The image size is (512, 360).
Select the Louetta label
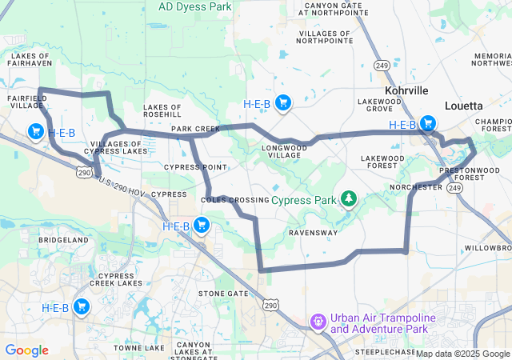pyautogui.click(x=464, y=106)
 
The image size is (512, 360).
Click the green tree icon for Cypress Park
pyautogui.click(x=348, y=198)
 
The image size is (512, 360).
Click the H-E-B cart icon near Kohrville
pyautogui.click(x=428, y=124)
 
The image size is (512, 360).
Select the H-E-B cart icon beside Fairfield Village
pyautogui.click(x=35, y=131)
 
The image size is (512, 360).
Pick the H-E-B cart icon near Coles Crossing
pyautogui.click(x=201, y=226)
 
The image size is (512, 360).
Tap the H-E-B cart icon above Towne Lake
pyautogui.click(x=81, y=306)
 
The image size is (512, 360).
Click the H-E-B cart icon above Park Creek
pyautogui.click(x=282, y=102)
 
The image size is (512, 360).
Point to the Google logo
pyautogui.click(x=26, y=350)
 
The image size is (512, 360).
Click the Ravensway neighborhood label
pyautogui.click(x=313, y=233)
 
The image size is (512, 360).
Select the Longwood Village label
pyautogui.click(x=284, y=152)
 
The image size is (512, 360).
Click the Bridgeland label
pyautogui.click(x=63, y=240)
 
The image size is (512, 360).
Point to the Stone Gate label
pyautogui.click(x=223, y=294)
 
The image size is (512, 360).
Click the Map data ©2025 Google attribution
pyautogui.click(x=462, y=354)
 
